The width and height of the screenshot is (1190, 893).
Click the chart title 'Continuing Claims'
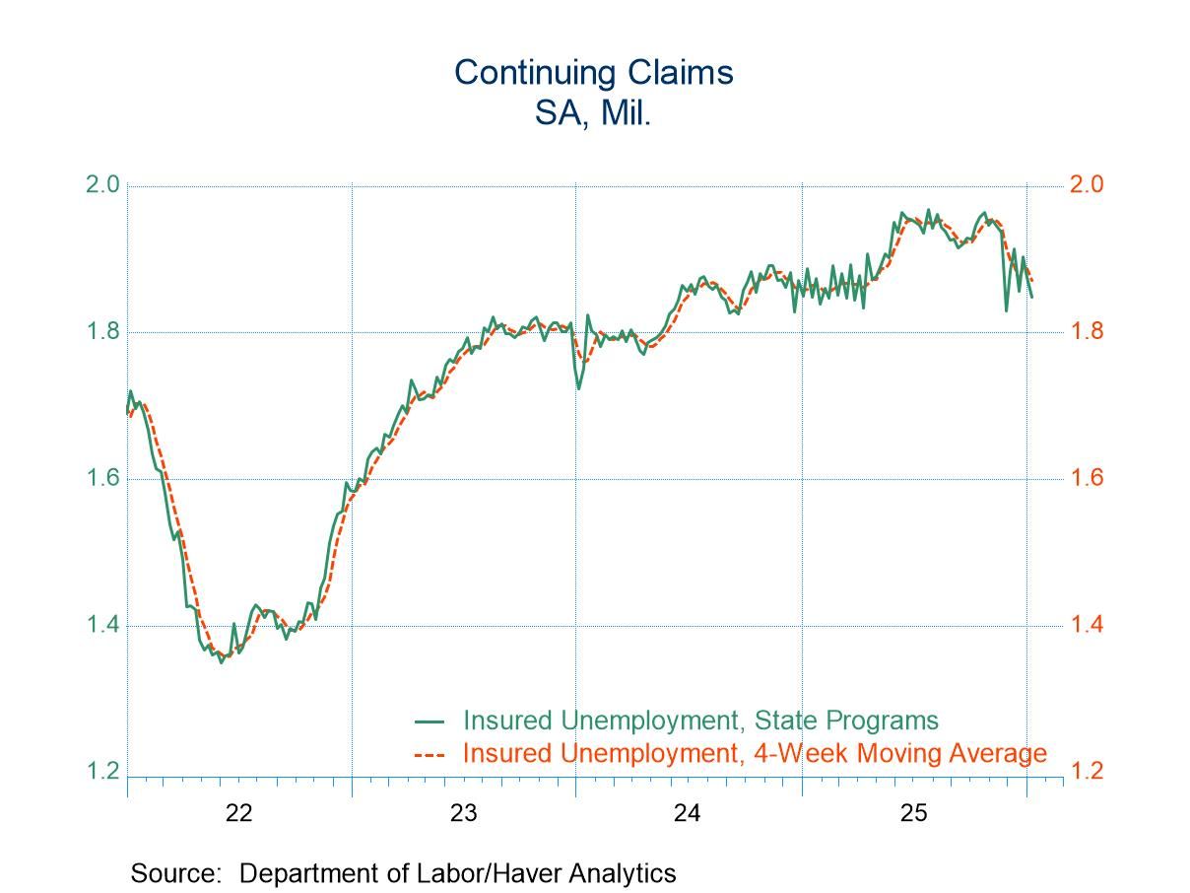pos(593,73)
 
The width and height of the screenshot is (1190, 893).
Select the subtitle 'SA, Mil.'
pos(593,113)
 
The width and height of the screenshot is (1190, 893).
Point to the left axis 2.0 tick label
pos(103,185)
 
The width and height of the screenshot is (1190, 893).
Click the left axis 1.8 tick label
pos(103,332)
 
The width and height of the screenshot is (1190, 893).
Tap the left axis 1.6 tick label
pos(103,479)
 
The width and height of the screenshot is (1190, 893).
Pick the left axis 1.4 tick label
pos(103,626)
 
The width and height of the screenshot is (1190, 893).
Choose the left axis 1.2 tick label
pos(103,773)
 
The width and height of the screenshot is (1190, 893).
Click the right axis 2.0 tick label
pos(1089,185)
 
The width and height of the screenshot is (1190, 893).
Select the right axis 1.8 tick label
pos(1089,332)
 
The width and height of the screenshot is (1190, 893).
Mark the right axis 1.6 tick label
pos(1089,479)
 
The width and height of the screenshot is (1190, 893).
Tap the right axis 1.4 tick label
pos(1089,626)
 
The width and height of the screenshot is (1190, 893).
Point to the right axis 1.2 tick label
pos(1089,773)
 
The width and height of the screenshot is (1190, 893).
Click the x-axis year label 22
pos(239,814)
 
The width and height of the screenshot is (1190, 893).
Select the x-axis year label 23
pos(464,814)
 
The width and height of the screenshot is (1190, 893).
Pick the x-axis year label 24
pos(688,814)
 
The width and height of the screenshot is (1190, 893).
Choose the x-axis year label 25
pos(913,814)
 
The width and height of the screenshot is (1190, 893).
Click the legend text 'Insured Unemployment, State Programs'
pos(700,721)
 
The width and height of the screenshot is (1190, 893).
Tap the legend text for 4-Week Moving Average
pos(754,754)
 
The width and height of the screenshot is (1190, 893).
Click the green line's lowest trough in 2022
pos(221,662)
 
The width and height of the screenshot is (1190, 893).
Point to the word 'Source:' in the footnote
pos(180,873)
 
